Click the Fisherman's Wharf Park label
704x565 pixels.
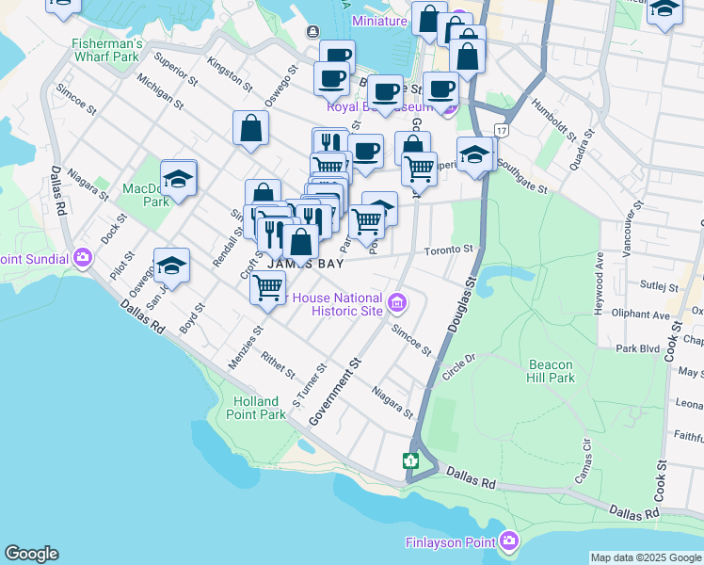click(107, 51)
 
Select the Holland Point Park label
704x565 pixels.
click(259, 408)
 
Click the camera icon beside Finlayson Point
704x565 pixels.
click(509, 541)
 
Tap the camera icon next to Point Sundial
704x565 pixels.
click(82, 257)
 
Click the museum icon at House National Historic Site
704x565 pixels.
click(397, 303)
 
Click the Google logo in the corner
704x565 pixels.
click(31, 554)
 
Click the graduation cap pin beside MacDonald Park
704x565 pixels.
click(178, 178)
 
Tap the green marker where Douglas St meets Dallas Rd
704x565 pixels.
click(410, 460)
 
